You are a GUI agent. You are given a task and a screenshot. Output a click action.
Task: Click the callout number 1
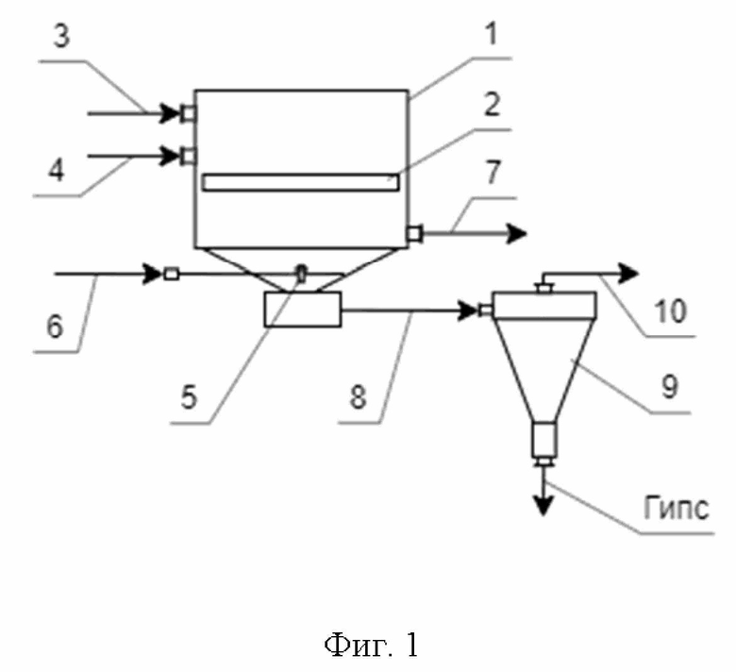click(x=491, y=35)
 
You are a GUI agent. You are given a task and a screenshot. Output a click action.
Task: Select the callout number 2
click(x=491, y=104)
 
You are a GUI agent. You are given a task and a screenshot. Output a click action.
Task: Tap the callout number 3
click(x=61, y=36)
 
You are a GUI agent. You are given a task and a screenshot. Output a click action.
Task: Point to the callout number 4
click(x=57, y=170)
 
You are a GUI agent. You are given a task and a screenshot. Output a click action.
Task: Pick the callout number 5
click(x=189, y=396)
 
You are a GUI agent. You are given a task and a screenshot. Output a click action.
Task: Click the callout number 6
click(x=55, y=326)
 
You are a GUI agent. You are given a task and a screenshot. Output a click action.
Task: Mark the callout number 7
click(x=493, y=172)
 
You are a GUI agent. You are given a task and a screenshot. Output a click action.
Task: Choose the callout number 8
click(x=358, y=396)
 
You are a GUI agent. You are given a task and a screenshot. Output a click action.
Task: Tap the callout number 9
click(x=670, y=387)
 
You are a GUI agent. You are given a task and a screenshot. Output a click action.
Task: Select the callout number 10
click(x=670, y=311)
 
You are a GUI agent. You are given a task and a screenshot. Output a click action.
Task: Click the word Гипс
click(x=676, y=508)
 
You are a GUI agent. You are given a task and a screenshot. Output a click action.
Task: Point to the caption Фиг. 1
click(x=371, y=645)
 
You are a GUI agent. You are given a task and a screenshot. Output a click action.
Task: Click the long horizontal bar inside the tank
click(x=301, y=183)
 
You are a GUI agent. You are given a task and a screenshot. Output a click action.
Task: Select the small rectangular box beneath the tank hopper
click(x=303, y=309)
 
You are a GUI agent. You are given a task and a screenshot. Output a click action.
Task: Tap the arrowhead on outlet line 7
click(x=517, y=233)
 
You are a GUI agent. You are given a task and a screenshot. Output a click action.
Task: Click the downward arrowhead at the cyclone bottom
click(x=544, y=507)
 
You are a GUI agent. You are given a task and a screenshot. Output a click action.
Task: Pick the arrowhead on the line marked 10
click(x=629, y=274)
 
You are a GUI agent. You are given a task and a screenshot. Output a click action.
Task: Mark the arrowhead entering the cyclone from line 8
click(x=468, y=311)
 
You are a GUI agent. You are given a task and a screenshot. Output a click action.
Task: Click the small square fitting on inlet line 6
click(x=172, y=274)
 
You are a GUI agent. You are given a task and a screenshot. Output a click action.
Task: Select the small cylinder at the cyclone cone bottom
click(x=544, y=440)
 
